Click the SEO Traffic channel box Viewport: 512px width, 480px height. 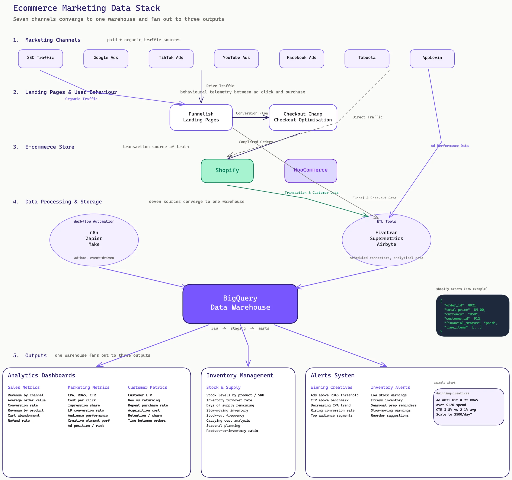41,59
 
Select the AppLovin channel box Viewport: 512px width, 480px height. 432,59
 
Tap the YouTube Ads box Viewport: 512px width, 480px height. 236,59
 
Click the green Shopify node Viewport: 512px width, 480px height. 227,171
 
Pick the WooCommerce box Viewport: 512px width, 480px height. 311,171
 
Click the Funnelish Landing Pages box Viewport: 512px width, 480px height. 201,117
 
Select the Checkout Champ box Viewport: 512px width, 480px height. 303,117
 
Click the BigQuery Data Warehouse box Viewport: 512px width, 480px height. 240,303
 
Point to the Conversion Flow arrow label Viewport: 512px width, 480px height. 252,113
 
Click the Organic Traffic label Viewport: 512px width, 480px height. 81,99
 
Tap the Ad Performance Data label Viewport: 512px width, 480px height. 449,146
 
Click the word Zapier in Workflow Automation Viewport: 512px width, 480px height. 94,238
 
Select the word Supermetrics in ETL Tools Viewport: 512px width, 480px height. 386,238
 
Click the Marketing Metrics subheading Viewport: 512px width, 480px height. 89,387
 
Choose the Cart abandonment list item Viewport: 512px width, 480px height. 24,415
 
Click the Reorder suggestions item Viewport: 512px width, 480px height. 389,415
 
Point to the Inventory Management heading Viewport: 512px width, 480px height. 240,375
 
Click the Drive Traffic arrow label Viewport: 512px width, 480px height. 220,86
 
